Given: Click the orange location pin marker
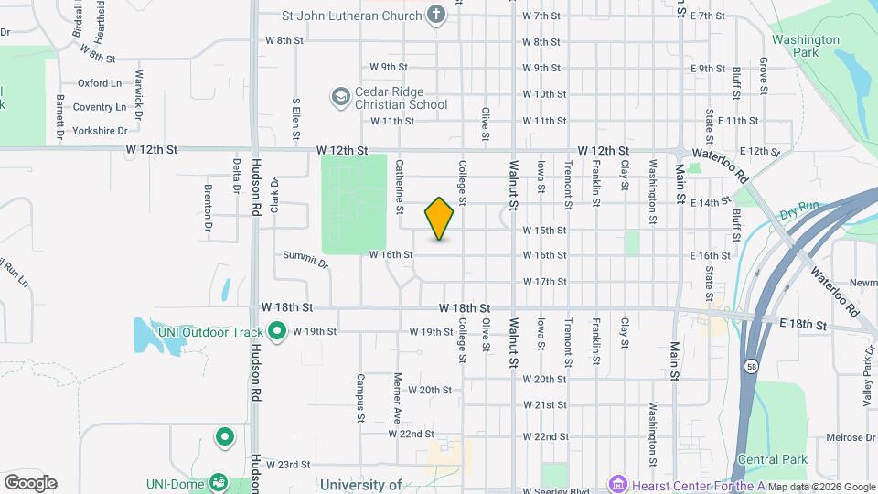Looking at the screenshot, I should pos(440,219).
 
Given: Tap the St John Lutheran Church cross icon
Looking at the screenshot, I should pos(436,15).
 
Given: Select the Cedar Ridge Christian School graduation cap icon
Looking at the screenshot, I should pos(340,96).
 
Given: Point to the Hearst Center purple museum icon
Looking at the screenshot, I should pos(617,483).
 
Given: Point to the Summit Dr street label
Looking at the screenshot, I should pos(305,260).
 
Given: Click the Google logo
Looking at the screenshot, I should pos(30,482).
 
